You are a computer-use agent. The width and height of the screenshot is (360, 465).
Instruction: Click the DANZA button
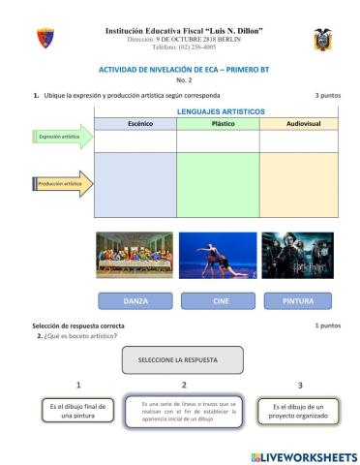coord(135,301)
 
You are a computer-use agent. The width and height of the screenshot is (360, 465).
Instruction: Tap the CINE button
coord(218,301)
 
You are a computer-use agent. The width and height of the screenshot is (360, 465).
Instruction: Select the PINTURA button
coord(298,301)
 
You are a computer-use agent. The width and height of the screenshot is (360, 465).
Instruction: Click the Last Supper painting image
coord(135,255)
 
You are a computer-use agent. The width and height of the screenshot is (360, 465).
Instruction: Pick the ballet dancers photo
coord(218,255)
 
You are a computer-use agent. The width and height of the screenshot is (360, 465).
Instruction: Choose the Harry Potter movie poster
coord(298,255)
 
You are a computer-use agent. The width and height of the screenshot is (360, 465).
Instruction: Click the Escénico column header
coord(135,124)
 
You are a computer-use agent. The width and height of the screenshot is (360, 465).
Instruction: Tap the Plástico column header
coord(218,124)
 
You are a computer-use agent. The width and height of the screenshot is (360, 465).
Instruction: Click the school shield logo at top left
coord(45,38)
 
